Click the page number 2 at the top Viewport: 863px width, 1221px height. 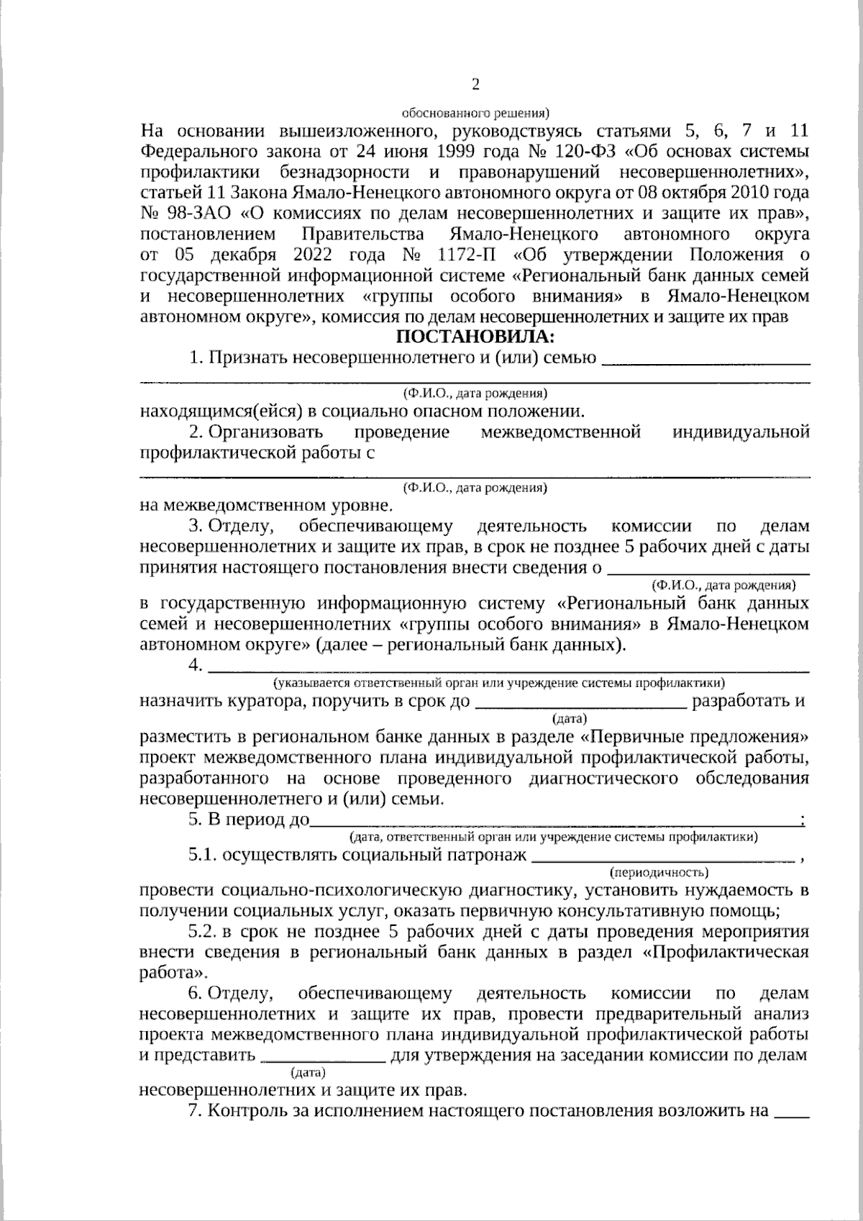tap(475, 85)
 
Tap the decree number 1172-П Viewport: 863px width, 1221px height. tap(468, 255)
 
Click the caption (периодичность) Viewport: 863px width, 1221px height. tap(659, 873)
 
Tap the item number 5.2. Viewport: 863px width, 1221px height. tap(202, 932)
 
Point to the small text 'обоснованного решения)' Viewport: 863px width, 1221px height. tap(475, 112)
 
